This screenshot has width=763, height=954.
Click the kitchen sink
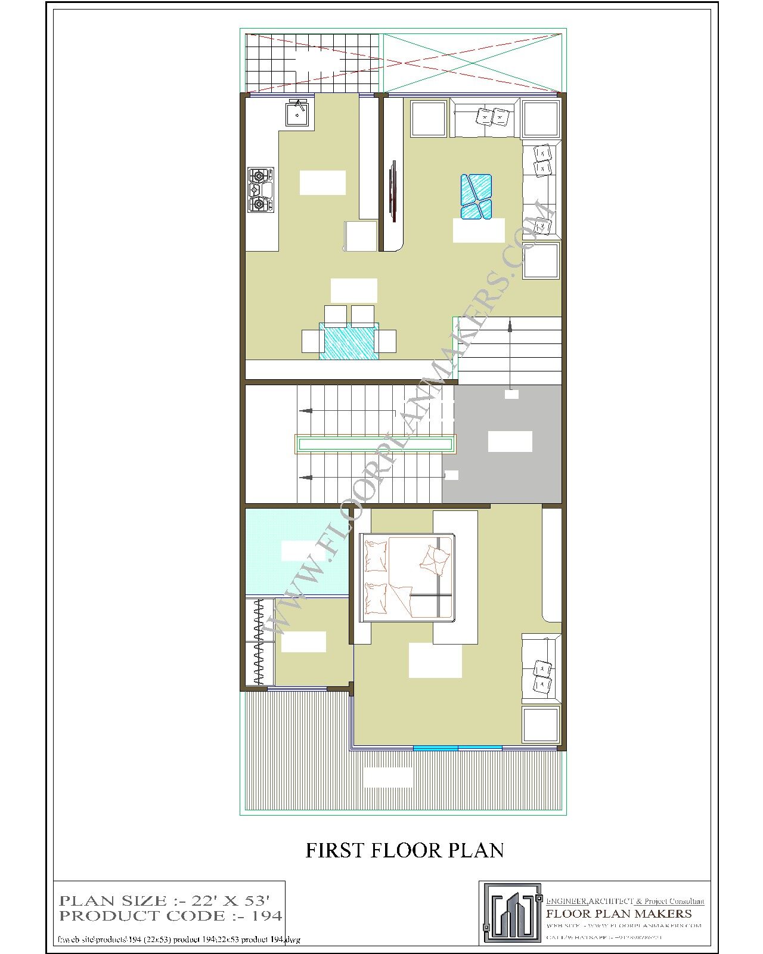pos(297,113)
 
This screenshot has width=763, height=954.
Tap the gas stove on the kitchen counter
pos(260,190)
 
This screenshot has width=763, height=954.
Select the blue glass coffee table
pos(476,196)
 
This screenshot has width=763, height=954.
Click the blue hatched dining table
pos(349,341)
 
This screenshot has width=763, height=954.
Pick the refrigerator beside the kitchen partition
pos(361,236)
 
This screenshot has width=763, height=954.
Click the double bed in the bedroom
pos(409,578)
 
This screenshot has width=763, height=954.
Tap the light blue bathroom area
pos(296,552)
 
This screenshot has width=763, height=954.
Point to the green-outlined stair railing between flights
pos(375,444)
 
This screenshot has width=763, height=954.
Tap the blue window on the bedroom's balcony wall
pos(457,748)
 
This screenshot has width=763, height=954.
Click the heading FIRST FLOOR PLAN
pos(405,850)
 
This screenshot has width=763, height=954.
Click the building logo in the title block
pos(512,912)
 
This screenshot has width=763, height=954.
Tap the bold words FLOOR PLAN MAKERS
pos(619,913)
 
